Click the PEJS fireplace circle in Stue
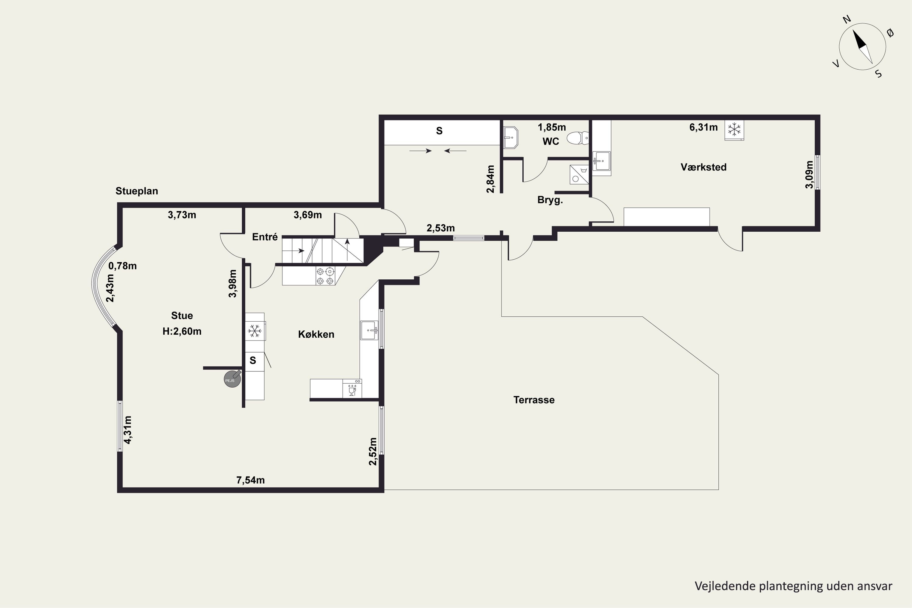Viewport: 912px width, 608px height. [232, 379]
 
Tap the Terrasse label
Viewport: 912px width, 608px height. [534, 400]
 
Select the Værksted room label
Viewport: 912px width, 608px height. [703, 167]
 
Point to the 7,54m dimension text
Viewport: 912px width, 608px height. [250, 480]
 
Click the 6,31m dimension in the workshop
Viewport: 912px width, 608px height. [703, 127]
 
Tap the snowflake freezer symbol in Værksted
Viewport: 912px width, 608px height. [734, 130]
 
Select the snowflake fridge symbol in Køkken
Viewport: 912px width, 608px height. [254, 331]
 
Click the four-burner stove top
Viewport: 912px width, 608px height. [325, 276]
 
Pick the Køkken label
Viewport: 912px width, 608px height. [316, 334]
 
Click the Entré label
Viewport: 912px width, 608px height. [265, 237]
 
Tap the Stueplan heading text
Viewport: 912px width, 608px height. [137, 191]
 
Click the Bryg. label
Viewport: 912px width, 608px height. [550, 200]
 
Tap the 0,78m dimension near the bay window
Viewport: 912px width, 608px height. [123, 266]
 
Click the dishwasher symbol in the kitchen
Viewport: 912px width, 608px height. [352, 389]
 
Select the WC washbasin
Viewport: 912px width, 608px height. [510, 138]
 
